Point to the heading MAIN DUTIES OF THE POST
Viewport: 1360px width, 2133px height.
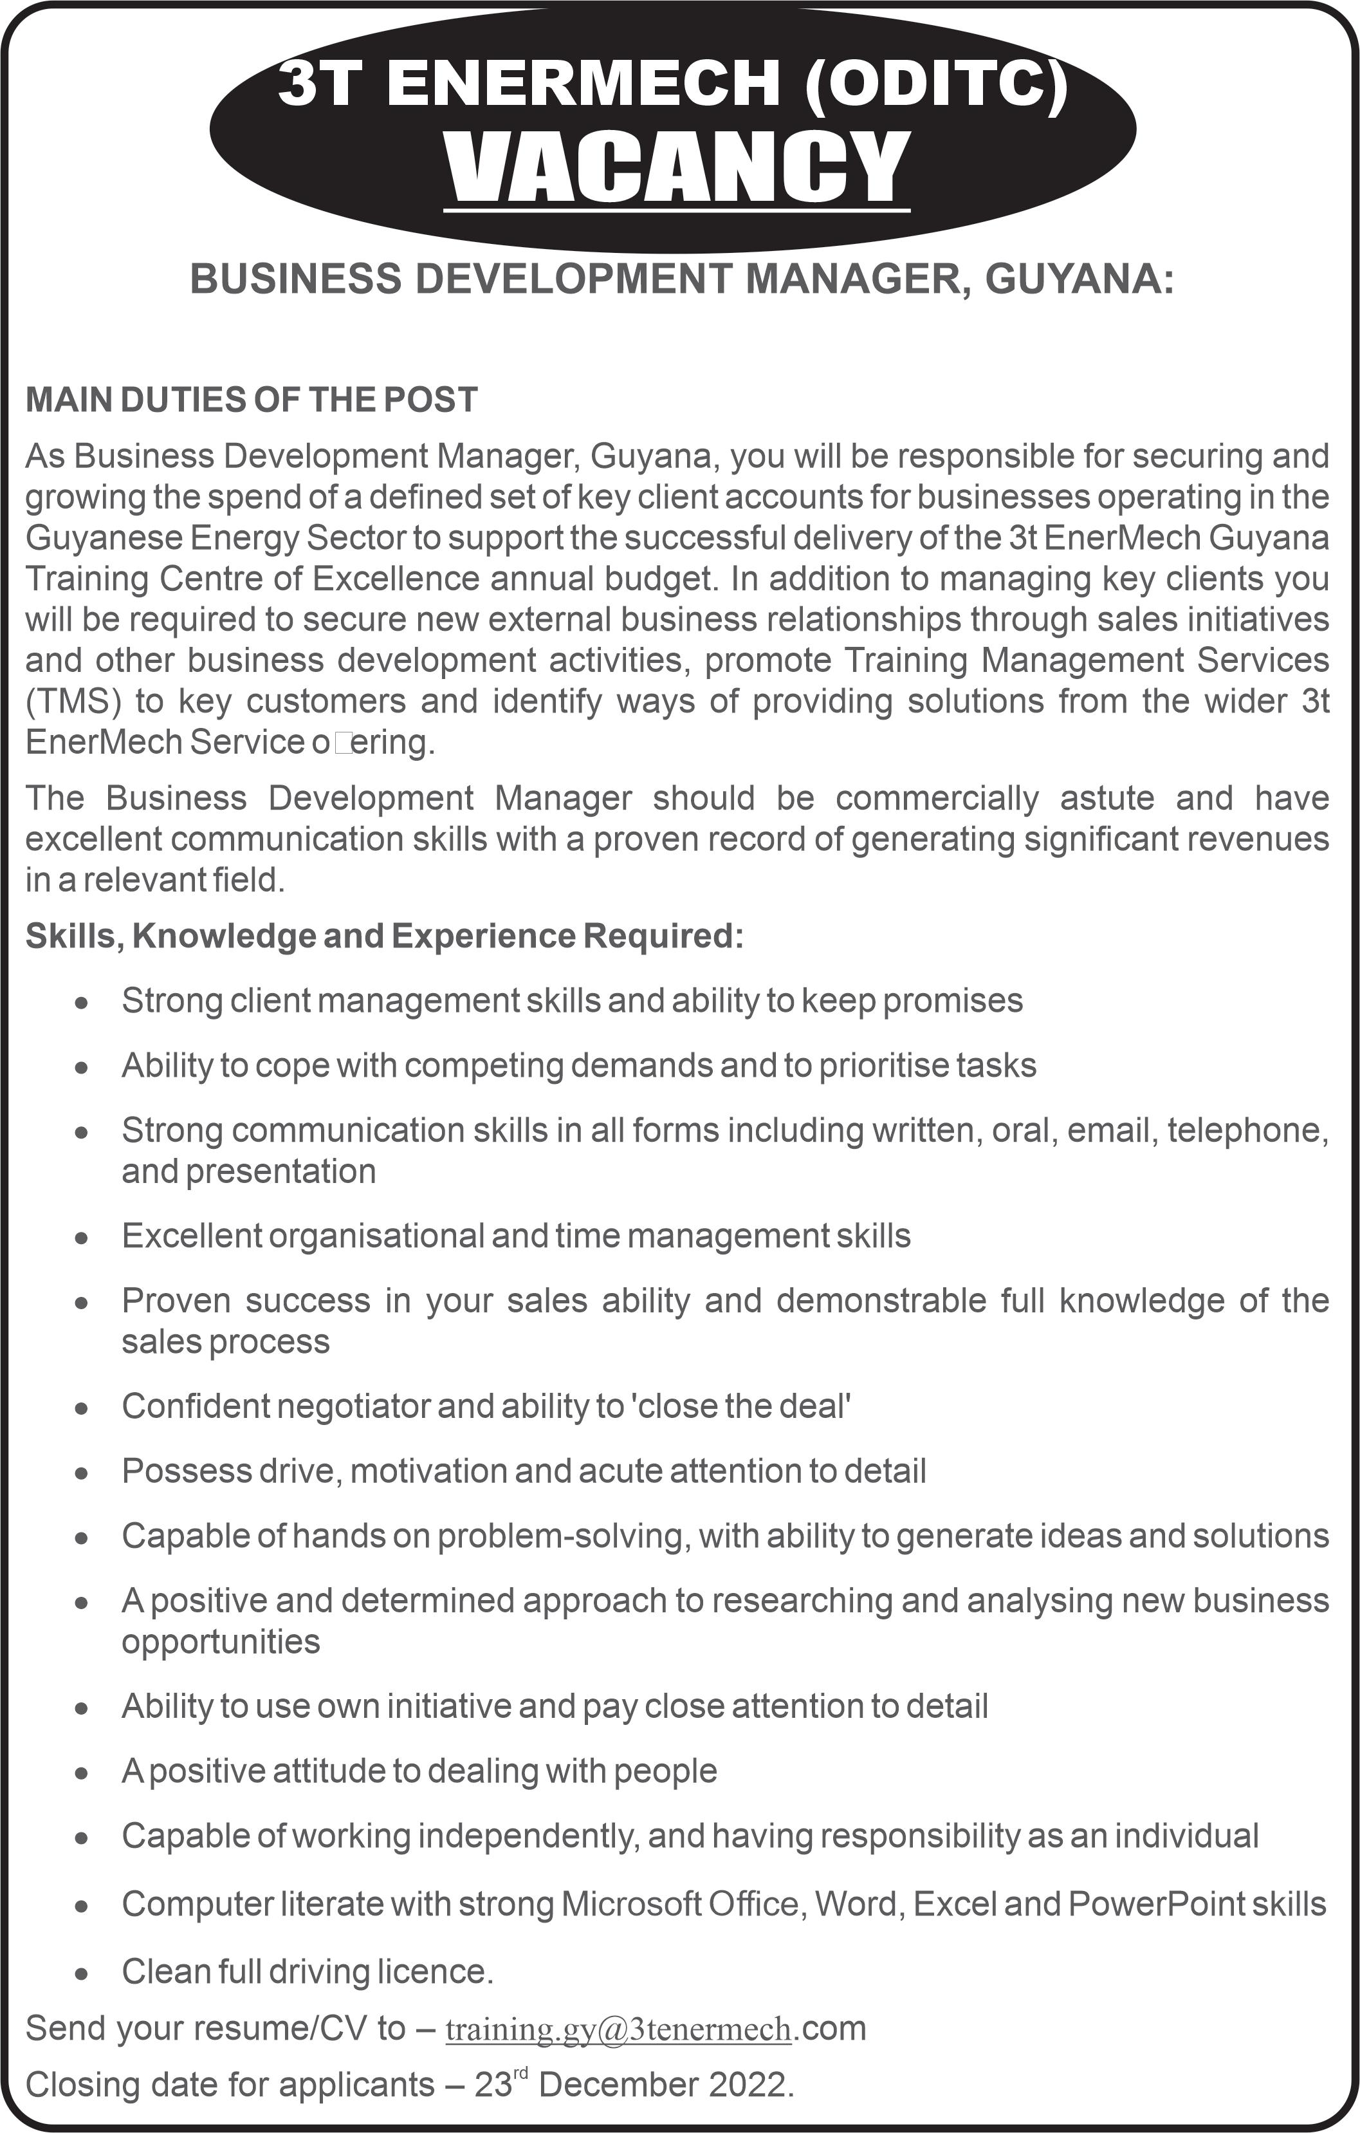(x=252, y=400)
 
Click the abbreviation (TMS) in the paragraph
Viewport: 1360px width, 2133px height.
(x=73, y=701)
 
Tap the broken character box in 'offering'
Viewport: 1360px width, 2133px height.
(x=343, y=742)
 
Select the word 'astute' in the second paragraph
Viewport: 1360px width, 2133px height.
(x=1107, y=798)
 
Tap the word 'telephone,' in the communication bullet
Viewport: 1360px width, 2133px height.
(x=1247, y=1130)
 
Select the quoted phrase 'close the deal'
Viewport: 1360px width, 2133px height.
(x=740, y=1406)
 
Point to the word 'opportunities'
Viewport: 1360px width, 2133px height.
(x=221, y=1641)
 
